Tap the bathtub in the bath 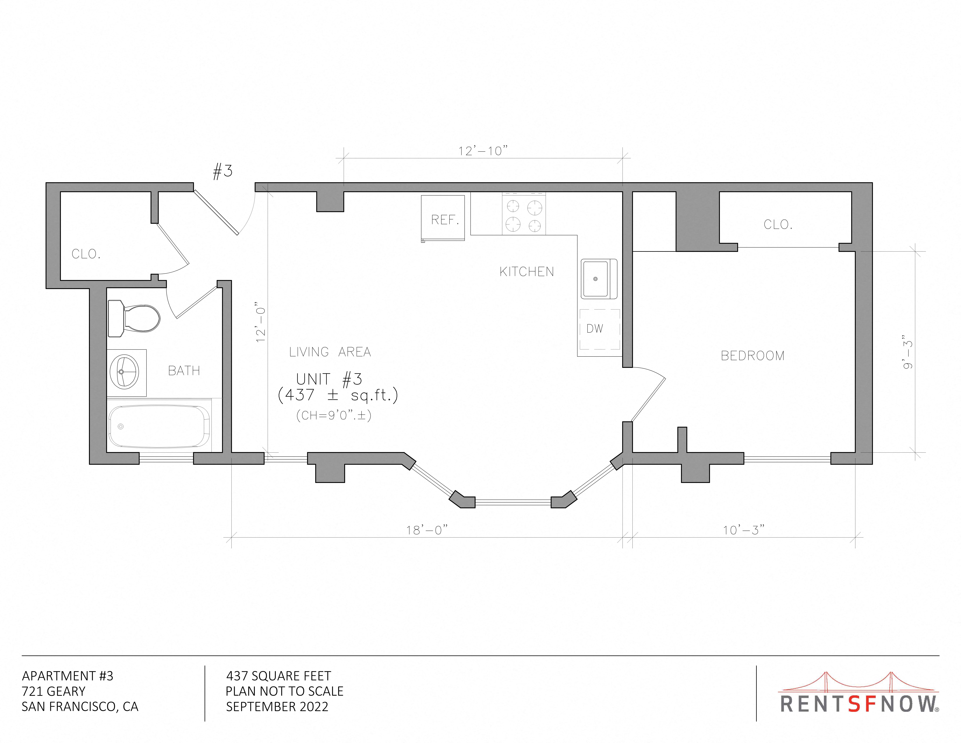point(159,426)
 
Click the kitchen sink point(599,279)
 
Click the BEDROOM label point(752,356)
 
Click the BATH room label point(184,371)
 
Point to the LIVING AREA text point(330,352)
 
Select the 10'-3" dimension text point(744,530)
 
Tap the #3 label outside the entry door point(223,171)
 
